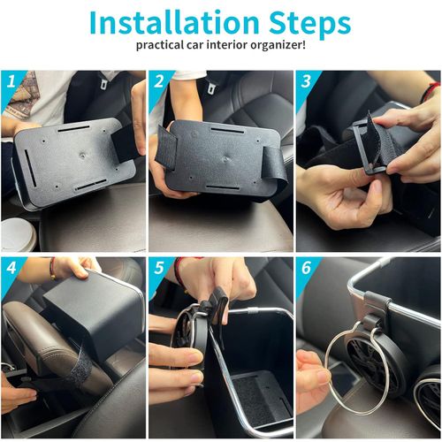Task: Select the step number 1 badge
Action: click(x=11, y=82)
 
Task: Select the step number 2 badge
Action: click(x=158, y=82)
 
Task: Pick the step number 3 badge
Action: click(x=306, y=82)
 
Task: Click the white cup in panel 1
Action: click(x=18, y=234)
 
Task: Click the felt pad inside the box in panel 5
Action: click(x=261, y=389)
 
